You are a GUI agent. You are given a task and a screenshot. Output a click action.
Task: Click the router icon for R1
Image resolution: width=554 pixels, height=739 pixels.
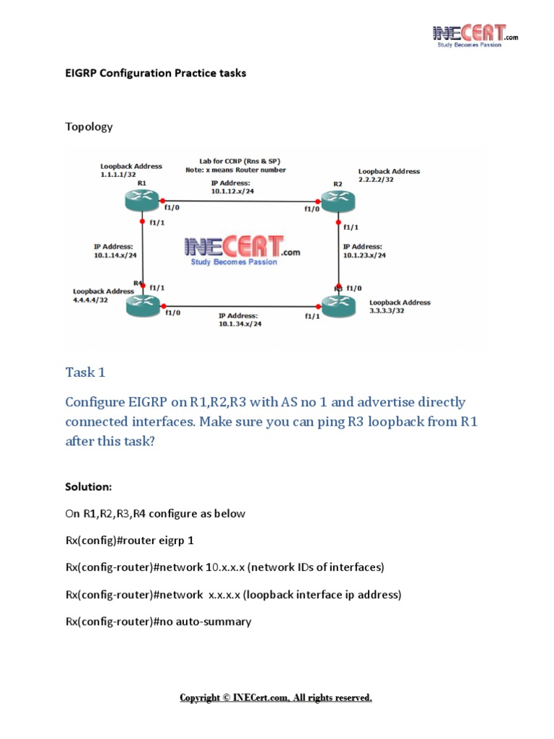(143, 199)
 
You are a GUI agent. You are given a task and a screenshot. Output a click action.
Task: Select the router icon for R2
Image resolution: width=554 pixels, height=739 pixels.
(337, 201)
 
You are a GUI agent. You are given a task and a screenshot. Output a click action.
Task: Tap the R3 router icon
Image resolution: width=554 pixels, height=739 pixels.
(338, 306)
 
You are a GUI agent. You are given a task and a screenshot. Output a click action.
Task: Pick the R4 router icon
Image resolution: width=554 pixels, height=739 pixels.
(143, 307)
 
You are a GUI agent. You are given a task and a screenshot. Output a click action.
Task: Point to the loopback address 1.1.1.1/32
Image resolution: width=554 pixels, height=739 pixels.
(122, 175)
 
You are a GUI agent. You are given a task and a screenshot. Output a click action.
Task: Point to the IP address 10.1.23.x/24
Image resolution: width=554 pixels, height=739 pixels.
(364, 255)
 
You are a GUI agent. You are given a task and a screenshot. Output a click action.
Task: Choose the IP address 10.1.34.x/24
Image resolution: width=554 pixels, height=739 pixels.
(240, 324)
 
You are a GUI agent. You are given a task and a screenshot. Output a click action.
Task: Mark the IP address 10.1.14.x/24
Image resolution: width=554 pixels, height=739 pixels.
(115, 255)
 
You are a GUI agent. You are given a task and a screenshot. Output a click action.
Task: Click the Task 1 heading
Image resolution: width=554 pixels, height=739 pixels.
(85, 372)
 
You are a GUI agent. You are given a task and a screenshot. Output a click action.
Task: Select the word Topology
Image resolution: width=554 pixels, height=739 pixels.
(89, 126)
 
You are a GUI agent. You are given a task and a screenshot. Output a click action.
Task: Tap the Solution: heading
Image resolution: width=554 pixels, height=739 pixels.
(89, 487)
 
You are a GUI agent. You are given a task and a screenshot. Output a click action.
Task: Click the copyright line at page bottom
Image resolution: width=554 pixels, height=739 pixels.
(276, 698)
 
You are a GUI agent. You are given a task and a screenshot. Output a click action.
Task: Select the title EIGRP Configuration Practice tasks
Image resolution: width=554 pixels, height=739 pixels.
(155, 73)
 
